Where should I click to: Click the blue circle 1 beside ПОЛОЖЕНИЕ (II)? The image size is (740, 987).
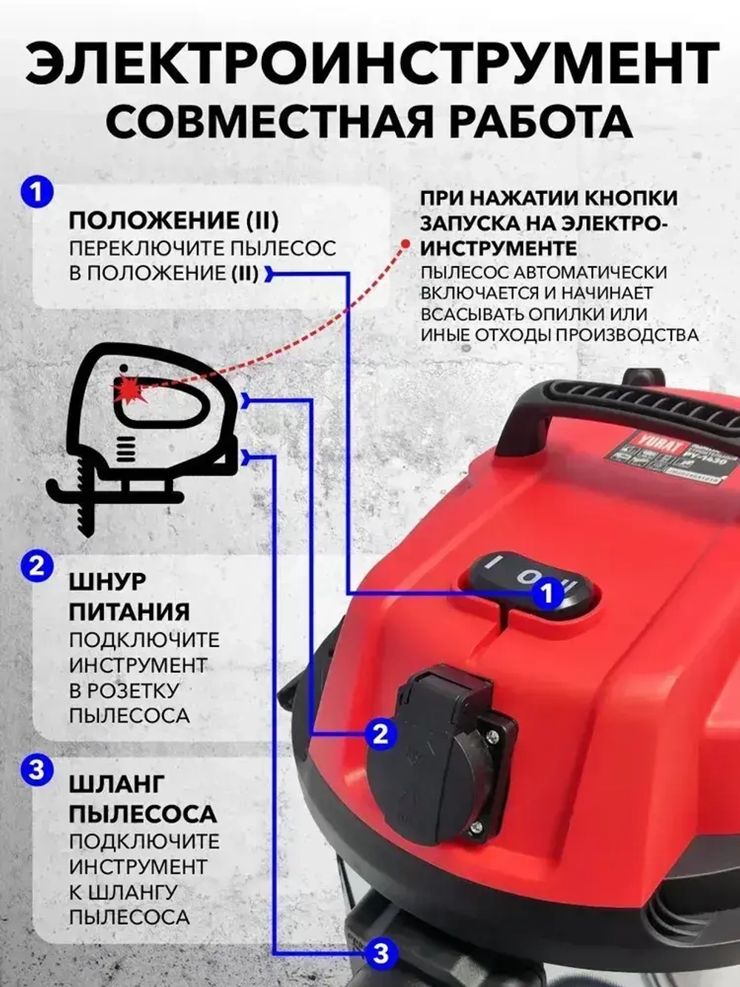[x=37, y=193]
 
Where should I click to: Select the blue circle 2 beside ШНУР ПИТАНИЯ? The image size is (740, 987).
[x=37, y=567]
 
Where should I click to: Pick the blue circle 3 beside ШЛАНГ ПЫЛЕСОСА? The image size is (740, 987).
[x=37, y=770]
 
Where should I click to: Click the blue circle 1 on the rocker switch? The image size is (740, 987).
[x=548, y=592]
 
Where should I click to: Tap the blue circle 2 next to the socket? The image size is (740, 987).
[x=380, y=734]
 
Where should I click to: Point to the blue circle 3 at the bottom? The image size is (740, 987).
[x=380, y=952]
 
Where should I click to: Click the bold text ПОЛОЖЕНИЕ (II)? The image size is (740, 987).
[x=173, y=221]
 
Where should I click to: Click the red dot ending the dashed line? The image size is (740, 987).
[x=405, y=244]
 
